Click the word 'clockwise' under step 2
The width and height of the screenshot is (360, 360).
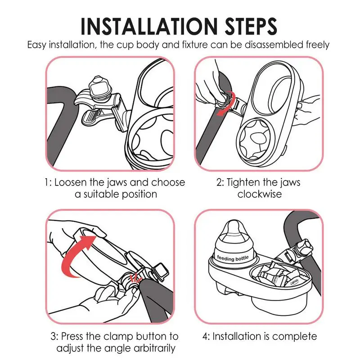click(x=260, y=194)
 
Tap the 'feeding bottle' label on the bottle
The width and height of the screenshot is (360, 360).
click(x=233, y=258)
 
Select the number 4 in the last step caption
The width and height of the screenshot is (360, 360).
click(x=205, y=337)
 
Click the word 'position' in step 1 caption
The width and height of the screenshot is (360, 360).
click(x=139, y=195)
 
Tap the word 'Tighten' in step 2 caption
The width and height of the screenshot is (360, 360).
click(x=243, y=183)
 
